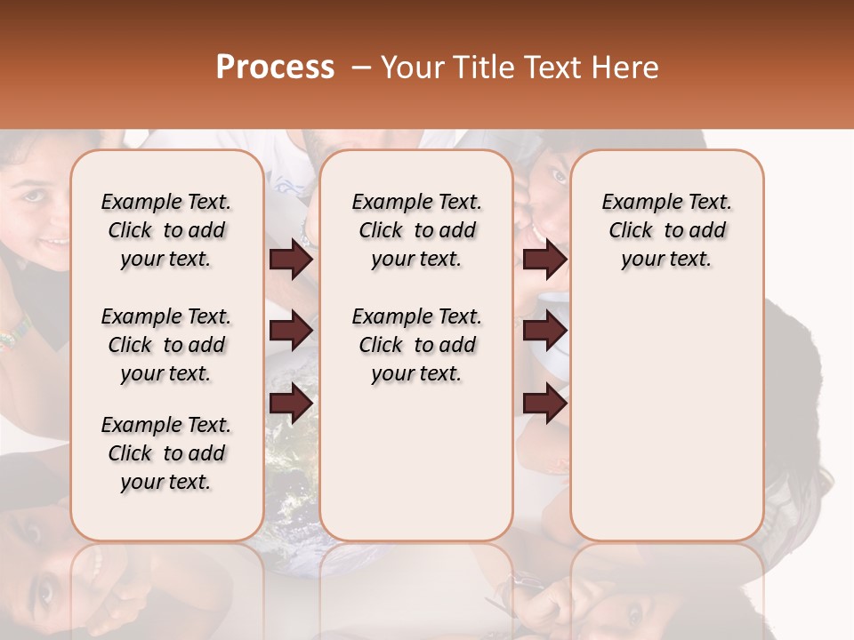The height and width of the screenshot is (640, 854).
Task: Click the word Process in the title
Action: [x=275, y=68]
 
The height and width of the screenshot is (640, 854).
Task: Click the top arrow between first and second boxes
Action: [x=291, y=259]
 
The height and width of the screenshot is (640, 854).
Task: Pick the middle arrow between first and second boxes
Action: [x=291, y=331]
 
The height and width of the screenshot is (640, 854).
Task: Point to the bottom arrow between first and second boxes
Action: [x=291, y=403]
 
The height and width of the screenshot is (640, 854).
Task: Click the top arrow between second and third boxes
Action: [x=544, y=259]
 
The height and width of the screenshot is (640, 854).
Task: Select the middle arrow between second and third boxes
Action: [x=544, y=331]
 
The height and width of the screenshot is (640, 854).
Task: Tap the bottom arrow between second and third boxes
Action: [x=544, y=403]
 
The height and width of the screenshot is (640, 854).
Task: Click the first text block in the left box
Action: [x=166, y=230]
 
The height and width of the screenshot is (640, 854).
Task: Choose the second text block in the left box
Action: [x=166, y=345]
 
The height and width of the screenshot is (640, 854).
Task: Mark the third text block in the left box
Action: [x=166, y=453]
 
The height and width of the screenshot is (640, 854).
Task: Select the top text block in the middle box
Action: [x=416, y=230]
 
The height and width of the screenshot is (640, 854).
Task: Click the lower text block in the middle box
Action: [x=416, y=345]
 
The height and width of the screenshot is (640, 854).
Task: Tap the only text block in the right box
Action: [x=666, y=230]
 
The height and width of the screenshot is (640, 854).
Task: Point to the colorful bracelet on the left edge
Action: [x=12, y=337]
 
